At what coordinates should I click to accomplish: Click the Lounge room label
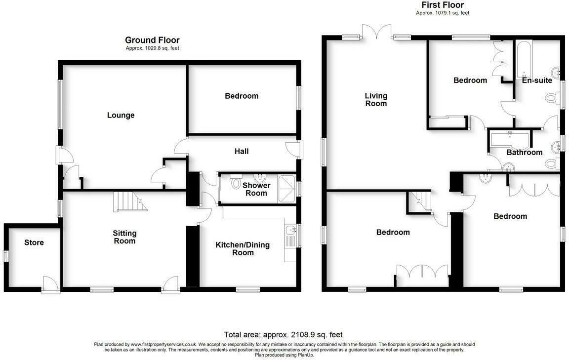click(x=121, y=116)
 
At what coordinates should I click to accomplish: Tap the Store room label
click(x=34, y=242)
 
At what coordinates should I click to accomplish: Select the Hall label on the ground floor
click(x=242, y=151)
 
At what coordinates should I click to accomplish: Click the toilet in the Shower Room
click(x=236, y=184)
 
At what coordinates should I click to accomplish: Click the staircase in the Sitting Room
click(x=129, y=201)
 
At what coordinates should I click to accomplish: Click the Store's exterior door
click(x=49, y=285)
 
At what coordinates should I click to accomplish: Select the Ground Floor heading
click(x=152, y=40)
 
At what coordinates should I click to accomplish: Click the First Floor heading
click(x=442, y=5)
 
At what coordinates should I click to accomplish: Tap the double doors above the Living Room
click(x=377, y=31)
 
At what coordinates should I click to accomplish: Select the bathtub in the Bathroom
click(x=509, y=139)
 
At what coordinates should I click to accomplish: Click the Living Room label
click(x=376, y=100)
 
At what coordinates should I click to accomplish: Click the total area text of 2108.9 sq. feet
click(x=283, y=334)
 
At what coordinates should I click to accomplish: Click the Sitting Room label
click(x=124, y=237)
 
